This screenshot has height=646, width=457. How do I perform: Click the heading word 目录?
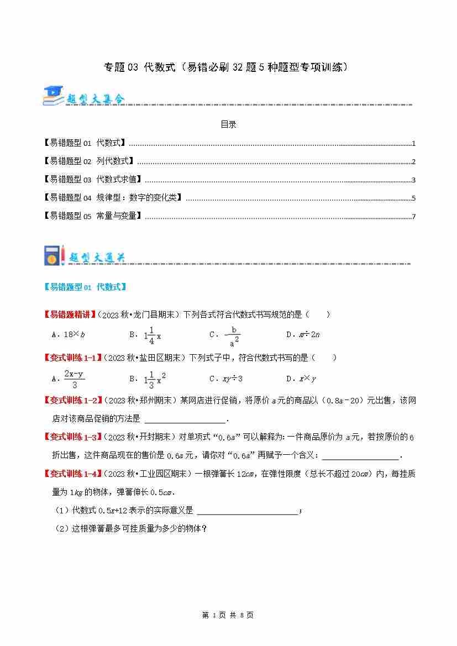click(228, 125)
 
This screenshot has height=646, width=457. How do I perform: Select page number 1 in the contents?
click(413, 144)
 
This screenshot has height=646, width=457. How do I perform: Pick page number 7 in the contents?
click(413, 217)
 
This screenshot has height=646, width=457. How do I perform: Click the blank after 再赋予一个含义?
click(359, 455)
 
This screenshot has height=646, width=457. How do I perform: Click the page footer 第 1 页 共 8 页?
click(228, 615)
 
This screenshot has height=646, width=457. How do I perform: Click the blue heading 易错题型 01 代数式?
click(85, 287)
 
